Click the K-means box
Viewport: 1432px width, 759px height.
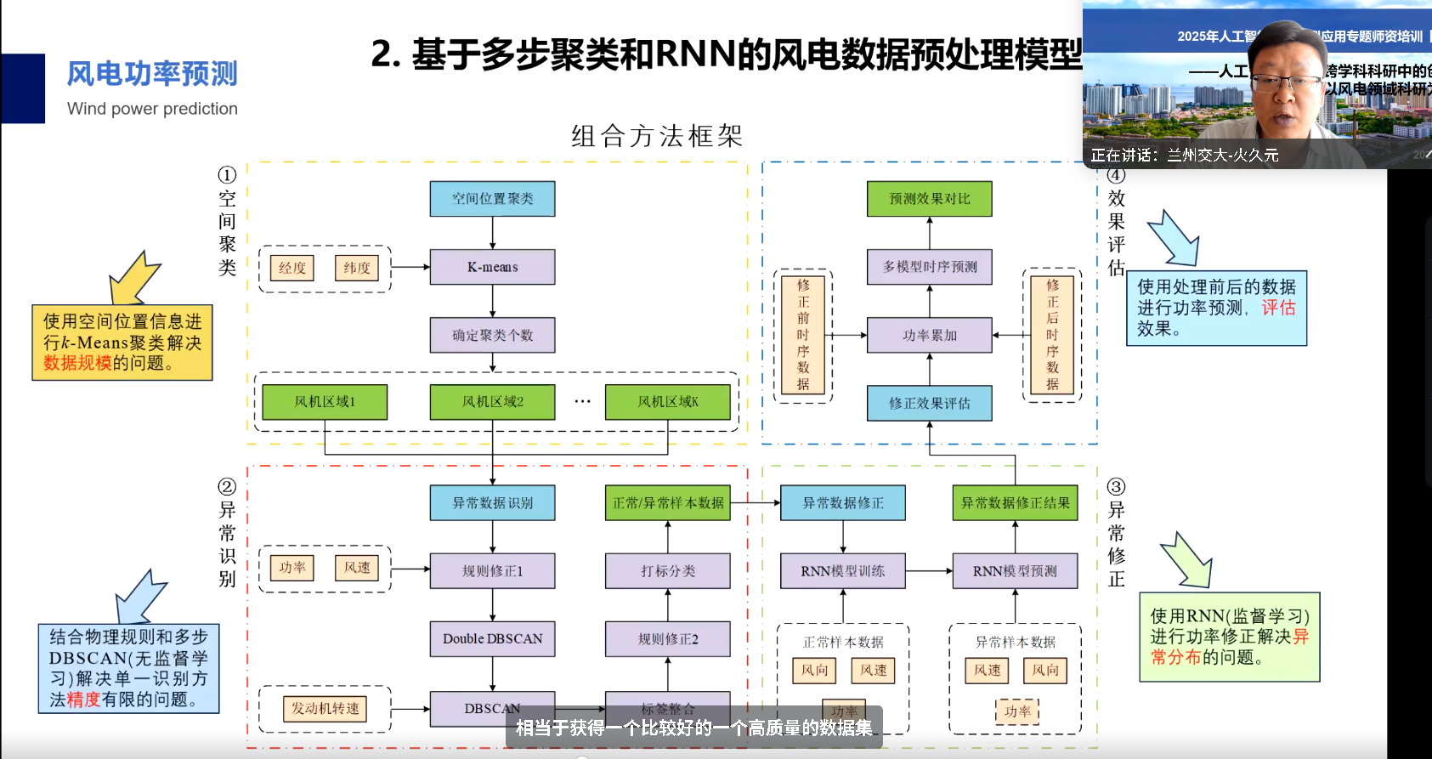(x=492, y=267)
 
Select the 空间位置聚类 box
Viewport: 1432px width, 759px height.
(x=492, y=199)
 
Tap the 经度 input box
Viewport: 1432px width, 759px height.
(x=291, y=268)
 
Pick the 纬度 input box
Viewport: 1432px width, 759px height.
(x=357, y=268)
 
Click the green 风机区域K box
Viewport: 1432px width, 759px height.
(x=668, y=402)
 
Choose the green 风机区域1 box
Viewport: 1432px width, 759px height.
(x=325, y=402)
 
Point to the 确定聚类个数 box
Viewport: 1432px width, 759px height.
(x=492, y=335)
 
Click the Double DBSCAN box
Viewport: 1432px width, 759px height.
(x=492, y=639)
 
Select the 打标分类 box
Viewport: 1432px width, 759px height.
(x=668, y=571)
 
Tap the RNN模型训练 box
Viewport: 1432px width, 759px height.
(x=843, y=571)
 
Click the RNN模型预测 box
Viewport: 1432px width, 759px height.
(x=1015, y=571)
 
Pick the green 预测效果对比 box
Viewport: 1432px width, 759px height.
(x=929, y=199)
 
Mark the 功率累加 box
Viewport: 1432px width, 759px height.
(x=929, y=335)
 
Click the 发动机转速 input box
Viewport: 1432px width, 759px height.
(x=325, y=709)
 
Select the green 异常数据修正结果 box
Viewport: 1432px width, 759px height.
(x=1015, y=503)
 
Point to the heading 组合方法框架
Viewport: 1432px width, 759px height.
(x=657, y=136)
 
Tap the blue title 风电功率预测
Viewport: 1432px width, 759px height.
(x=152, y=74)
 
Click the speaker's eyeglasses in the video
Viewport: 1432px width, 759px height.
(x=1285, y=83)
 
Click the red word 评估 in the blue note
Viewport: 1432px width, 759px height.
(x=1278, y=308)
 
